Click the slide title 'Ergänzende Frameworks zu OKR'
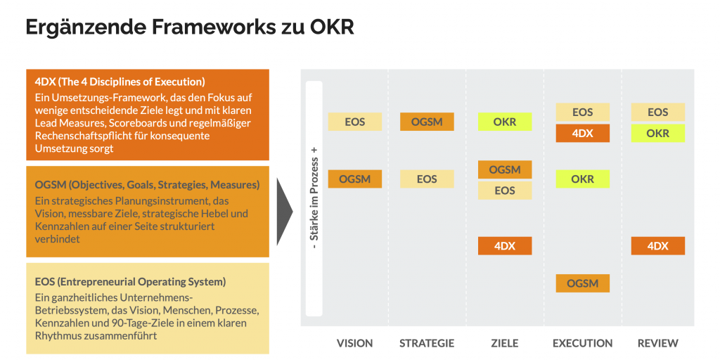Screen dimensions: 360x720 189,27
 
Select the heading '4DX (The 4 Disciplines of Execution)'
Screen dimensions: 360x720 120,82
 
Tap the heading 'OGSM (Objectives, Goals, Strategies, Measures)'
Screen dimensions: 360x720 147,184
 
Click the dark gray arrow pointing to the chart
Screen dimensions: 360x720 285,211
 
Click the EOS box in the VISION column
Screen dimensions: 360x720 354,122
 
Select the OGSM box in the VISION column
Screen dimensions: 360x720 354,179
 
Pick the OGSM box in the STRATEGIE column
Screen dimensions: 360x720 427,122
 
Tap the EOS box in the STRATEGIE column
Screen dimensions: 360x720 427,179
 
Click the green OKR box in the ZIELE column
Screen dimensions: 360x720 505,122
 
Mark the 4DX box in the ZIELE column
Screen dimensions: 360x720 505,246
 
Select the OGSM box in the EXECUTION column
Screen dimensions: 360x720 582,283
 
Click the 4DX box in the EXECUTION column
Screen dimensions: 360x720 582,133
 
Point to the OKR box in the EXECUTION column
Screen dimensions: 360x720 582,179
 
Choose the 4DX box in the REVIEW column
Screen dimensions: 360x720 657,246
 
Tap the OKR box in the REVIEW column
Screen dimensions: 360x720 657,133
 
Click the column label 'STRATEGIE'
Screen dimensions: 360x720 427,343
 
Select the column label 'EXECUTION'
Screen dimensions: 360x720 582,343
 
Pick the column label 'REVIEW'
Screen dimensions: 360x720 657,343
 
